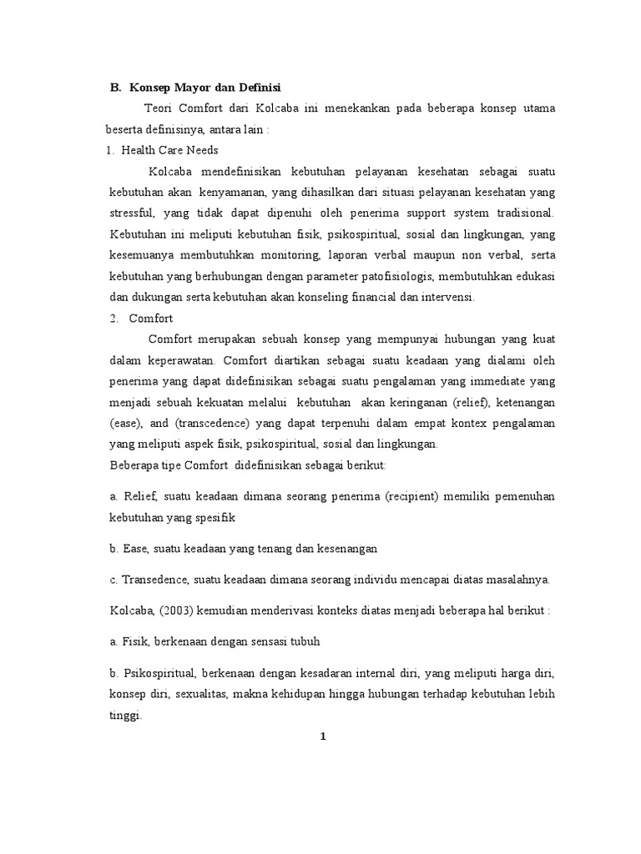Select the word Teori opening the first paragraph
point(159,108)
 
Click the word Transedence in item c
point(154,580)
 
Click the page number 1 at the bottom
point(322,736)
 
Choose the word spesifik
point(215,517)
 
